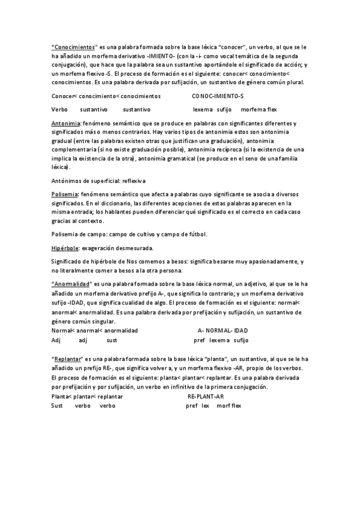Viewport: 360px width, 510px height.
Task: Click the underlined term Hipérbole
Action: tap(64, 248)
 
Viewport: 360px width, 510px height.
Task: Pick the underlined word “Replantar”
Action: tap(67, 358)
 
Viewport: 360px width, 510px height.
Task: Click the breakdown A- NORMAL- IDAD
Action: tap(222, 331)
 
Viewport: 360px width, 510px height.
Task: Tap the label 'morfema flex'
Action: tap(258, 109)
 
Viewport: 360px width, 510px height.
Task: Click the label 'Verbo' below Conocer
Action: tap(59, 109)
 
